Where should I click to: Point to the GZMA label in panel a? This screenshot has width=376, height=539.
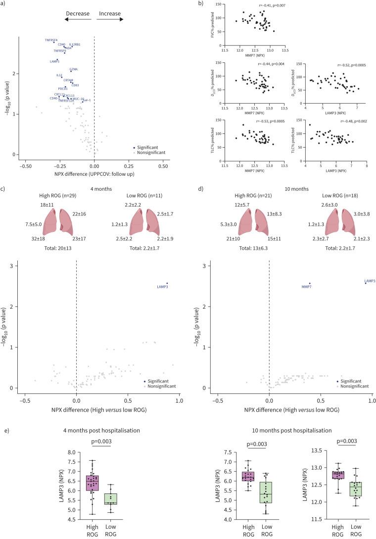pos(73,69)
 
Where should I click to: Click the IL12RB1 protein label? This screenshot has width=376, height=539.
pos(75,45)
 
